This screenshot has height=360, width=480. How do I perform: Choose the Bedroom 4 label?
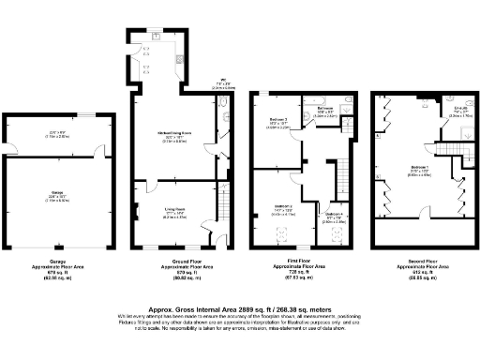tap(335, 214)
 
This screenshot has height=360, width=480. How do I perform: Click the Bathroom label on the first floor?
tap(324, 109)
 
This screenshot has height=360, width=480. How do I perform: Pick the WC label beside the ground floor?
tap(223, 80)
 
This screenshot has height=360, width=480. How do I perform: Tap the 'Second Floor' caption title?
tap(417, 262)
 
